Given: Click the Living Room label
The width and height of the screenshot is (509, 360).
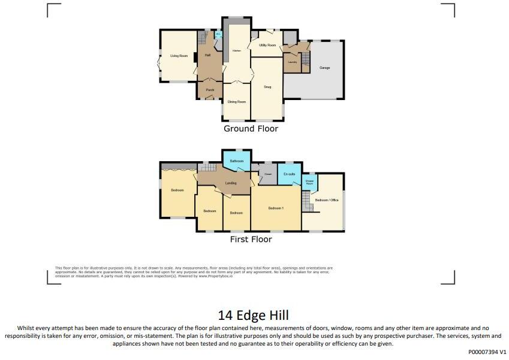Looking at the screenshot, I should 179,56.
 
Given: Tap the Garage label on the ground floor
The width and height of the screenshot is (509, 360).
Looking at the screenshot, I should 324,68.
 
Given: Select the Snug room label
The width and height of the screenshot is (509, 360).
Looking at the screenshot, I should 267,87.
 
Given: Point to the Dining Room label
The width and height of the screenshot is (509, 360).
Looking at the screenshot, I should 236,102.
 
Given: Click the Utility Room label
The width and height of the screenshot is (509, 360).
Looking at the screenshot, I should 267,46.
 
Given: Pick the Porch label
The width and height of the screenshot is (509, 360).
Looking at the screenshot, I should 210,90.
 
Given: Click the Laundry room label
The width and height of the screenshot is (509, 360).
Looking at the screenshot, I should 293,62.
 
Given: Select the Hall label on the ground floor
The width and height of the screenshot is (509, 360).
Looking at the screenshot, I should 207,55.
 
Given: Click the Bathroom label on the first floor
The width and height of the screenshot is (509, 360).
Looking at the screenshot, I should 236,161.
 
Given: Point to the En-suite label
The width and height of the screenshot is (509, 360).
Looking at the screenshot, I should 290,174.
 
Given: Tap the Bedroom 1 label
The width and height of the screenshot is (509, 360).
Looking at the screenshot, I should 275,208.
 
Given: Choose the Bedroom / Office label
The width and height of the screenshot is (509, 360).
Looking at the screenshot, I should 327,200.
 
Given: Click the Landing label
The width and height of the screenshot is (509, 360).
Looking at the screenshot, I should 230,183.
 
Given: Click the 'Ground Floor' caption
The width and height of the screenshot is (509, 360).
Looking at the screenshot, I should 251,129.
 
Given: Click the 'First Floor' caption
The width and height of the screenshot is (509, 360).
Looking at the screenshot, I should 251,240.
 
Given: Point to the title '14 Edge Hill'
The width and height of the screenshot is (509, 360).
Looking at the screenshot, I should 254,315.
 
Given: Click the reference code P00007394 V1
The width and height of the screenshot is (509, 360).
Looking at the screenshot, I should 487,353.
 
